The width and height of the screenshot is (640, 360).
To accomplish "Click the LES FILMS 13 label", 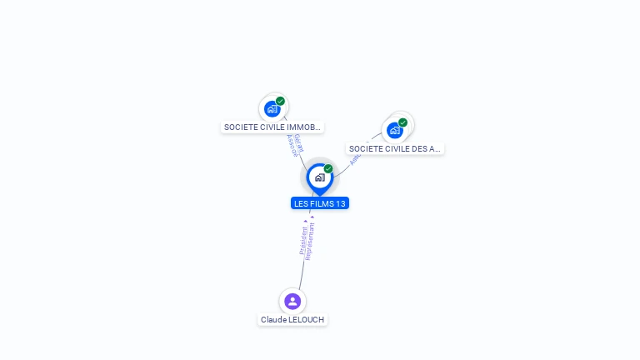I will [x=320, y=203].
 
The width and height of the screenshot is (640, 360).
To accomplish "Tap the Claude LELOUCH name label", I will [x=292, y=320].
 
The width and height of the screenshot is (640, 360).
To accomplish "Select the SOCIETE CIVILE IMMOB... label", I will [x=272, y=127].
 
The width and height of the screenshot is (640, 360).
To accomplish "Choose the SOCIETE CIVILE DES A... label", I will [x=395, y=148].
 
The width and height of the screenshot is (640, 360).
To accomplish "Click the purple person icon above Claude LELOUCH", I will [x=292, y=301].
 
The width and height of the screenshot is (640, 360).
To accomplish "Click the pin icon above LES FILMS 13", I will [x=319, y=177].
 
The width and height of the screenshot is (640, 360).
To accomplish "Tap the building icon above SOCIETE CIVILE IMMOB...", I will [x=272, y=108].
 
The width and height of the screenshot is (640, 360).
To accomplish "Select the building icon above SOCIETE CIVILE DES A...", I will [x=395, y=130].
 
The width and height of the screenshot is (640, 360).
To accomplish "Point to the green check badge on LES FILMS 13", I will [x=328, y=169].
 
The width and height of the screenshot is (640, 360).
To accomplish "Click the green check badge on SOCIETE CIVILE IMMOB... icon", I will [x=281, y=101].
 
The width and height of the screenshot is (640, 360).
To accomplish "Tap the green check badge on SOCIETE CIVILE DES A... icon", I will [x=403, y=122].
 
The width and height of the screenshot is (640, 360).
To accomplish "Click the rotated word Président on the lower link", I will [x=302, y=241].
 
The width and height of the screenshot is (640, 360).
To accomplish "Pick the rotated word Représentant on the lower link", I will [x=310, y=241].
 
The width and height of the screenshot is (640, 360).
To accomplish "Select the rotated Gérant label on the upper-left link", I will [x=298, y=142].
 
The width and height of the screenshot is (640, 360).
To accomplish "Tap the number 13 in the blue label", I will [x=340, y=203].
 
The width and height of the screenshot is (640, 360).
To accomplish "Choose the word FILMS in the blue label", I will [x=321, y=203].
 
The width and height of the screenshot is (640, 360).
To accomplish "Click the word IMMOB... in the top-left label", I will [x=303, y=127].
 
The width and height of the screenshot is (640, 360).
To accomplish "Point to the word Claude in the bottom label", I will [x=272, y=320].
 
